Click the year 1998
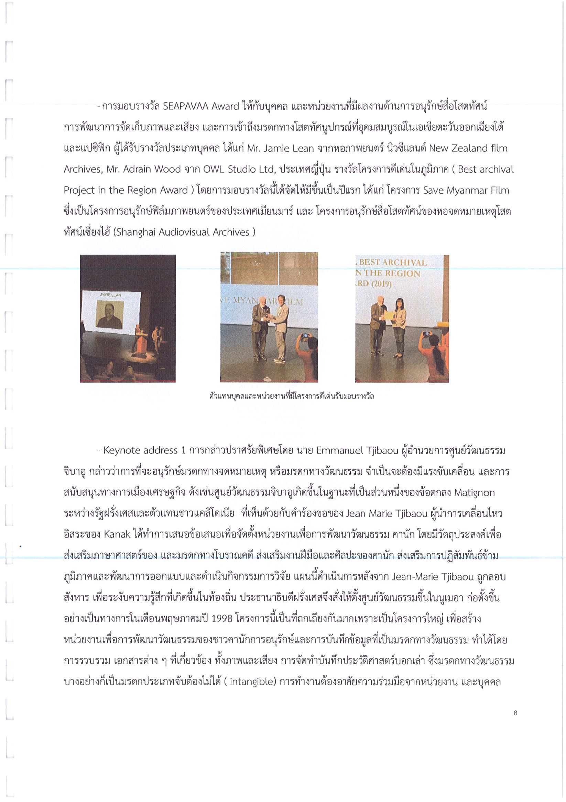222,619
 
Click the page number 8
515,713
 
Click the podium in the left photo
141,344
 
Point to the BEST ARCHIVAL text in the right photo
393,262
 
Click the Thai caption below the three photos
292,396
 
